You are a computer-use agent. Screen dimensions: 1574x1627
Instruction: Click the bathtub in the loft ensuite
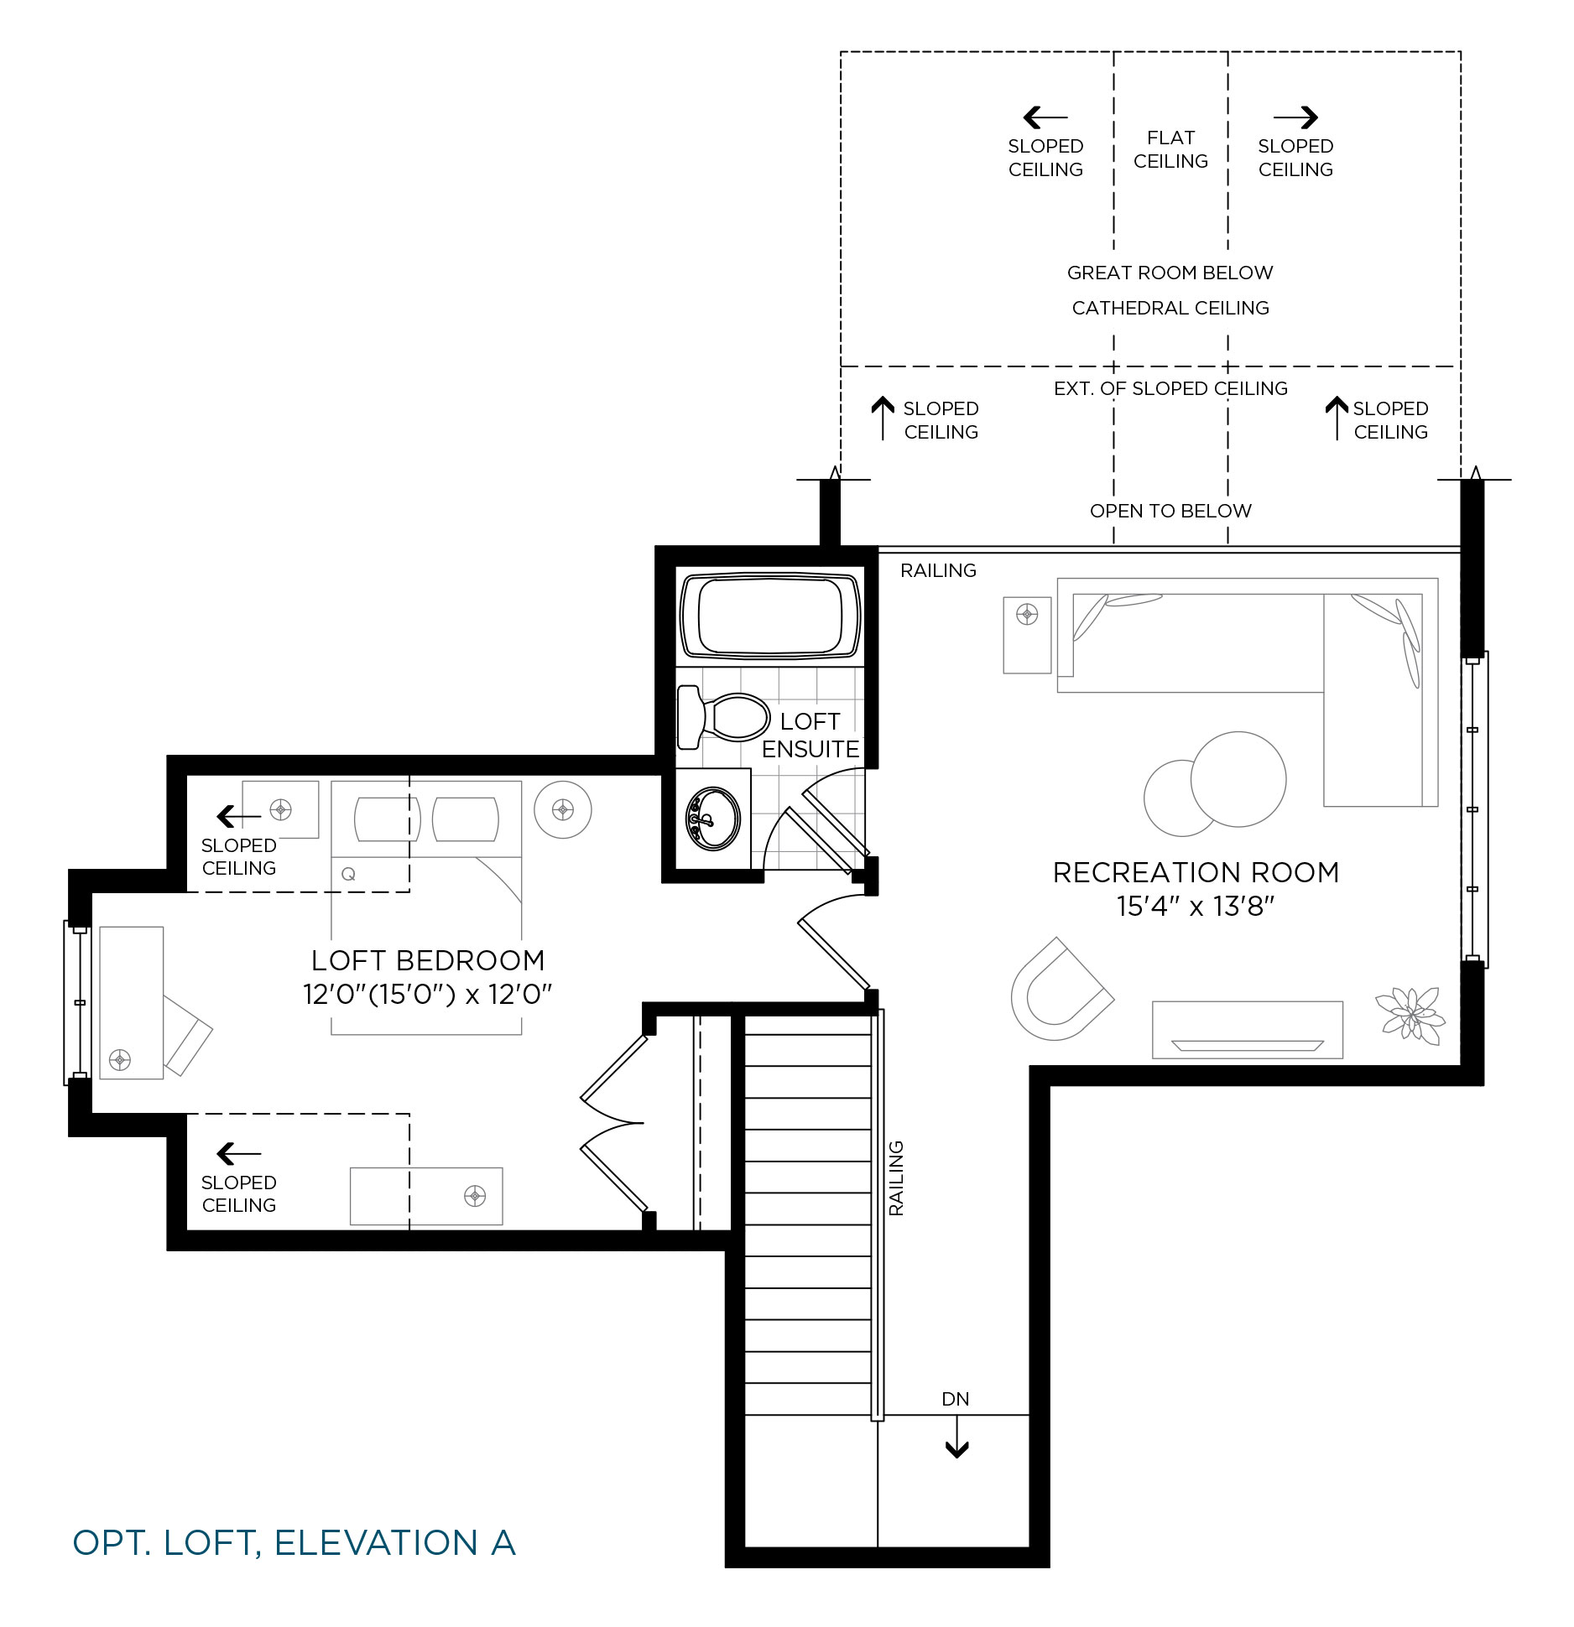coord(770,616)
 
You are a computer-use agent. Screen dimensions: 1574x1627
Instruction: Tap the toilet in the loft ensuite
coord(723,717)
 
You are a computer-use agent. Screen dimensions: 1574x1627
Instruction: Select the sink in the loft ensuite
coord(713,819)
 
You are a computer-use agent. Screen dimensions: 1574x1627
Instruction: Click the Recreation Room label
coord(1196,872)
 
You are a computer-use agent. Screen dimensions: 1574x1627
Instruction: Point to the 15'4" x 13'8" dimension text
coord(1196,907)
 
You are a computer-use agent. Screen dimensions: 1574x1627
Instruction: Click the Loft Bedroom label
coord(428,960)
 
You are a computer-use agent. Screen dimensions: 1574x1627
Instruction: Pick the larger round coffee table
coord(1238,779)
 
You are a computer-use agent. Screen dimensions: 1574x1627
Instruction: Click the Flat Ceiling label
coord(1170,149)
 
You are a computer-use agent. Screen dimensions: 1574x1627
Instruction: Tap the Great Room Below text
coord(1170,273)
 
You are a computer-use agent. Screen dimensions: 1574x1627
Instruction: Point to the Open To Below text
coord(1170,511)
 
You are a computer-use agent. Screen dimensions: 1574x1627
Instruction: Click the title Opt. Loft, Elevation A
coord(294,1543)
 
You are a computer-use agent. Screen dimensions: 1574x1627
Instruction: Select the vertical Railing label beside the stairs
coord(897,1178)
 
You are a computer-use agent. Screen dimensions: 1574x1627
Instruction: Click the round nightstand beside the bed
coord(563,809)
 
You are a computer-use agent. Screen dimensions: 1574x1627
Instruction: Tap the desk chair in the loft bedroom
coord(188,1034)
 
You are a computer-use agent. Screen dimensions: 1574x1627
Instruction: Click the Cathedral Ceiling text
coord(1170,308)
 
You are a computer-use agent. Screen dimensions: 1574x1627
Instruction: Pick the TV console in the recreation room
coord(1248,1030)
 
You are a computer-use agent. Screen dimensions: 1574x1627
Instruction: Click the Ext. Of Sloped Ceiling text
coord(1170,388)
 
